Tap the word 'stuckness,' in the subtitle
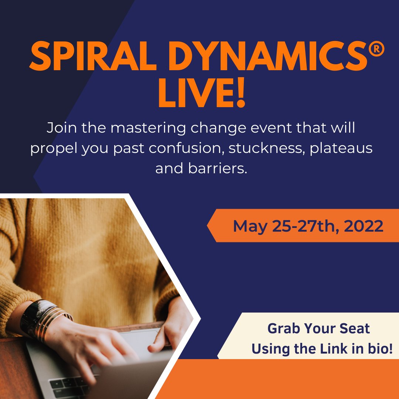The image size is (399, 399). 267,149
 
